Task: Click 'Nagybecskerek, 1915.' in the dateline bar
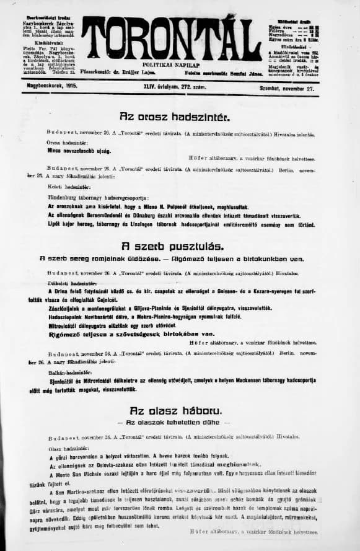pyautogui.click(x=52, y=88)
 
